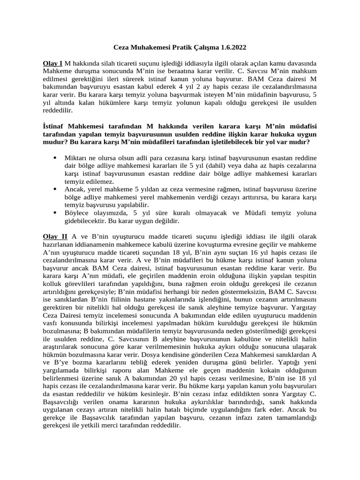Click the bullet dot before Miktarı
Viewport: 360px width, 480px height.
click(55, 158)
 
